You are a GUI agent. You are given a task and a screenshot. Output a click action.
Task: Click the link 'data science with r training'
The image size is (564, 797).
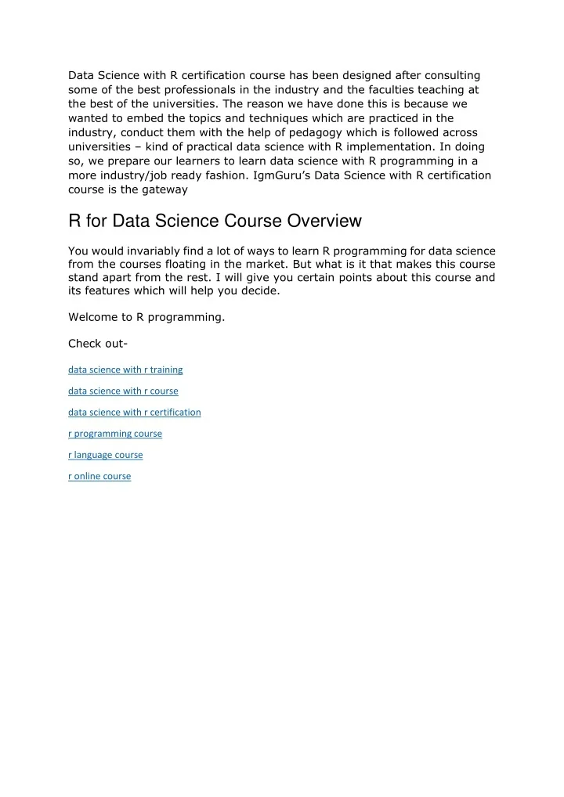click(125, 370)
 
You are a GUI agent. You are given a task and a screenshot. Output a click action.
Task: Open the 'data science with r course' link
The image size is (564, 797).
click(123, 391)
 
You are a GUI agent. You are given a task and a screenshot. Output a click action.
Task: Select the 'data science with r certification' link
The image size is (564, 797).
click(134, 412)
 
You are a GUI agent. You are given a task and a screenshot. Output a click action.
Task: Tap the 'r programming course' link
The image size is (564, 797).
click(115, 433)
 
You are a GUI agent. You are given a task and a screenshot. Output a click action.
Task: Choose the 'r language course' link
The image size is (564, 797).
click(106, 454)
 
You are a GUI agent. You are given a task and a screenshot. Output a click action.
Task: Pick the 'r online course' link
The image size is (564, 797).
click(99, 475)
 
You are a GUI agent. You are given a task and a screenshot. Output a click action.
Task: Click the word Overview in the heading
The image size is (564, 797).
click(326, 222)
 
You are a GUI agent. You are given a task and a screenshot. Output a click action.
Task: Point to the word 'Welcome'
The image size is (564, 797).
click(92, 317)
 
